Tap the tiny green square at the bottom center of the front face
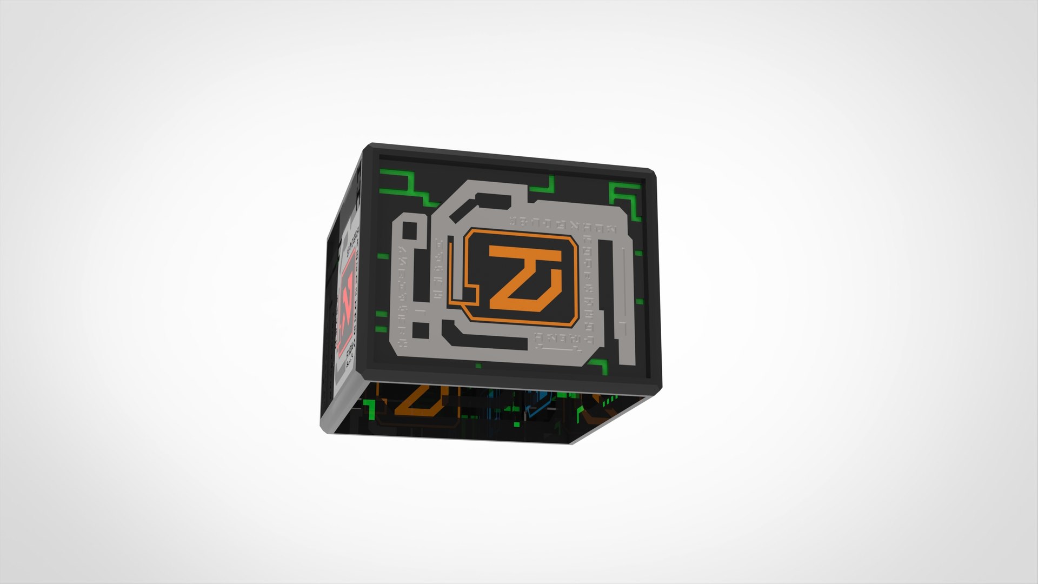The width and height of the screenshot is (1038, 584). (478, 366)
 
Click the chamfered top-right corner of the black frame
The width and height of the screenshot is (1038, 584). (651, 175)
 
